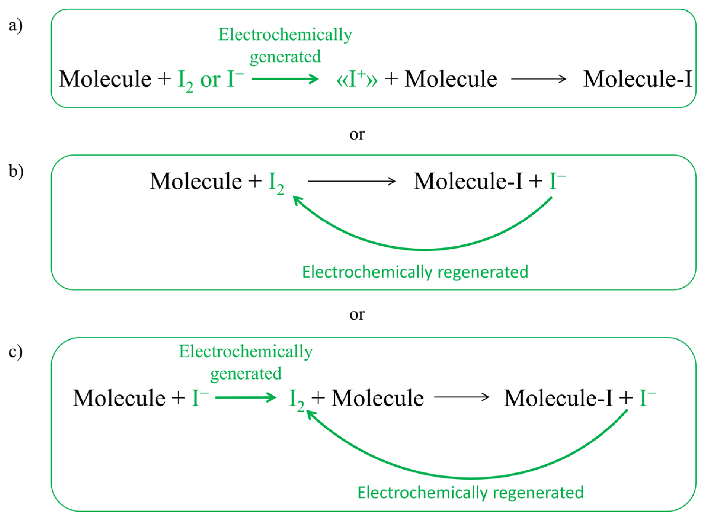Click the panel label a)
pos(15,25)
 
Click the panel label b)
pos(16,171)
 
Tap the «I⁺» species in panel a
pos(357,79)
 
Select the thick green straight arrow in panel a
pos(285,78)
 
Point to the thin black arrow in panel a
pos(538,78)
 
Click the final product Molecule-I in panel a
pos(637,79)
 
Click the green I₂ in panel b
pos(276,183)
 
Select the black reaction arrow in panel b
pos(351,181)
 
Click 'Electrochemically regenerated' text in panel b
pos(415,272)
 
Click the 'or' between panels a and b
pos(357,134)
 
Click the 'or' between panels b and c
pos(357,314)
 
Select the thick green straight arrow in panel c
pos(245,397)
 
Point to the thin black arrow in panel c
pos(461,397)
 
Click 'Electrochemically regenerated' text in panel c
pos(470,492)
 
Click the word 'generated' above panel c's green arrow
pos(246,374)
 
